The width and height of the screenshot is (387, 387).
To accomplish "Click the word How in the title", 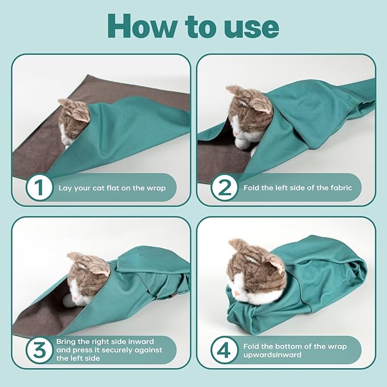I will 143,26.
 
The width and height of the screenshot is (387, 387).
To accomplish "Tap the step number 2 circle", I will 224,188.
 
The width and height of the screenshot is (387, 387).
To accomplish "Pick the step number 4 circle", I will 224,349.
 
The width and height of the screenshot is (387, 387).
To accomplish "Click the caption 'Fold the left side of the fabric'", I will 298,188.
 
